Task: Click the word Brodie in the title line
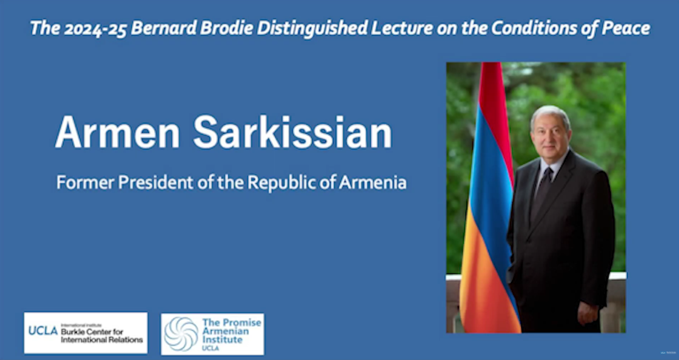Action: pyautogui.click(x=227, y=28)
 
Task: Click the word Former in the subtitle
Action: pyautogui.click(x=86, y=182)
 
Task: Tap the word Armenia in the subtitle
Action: pyautogui.click(x=372, y=182)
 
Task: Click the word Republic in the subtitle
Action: pyautogui.click(x=278, y=183)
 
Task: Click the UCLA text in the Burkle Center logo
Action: pyautogui.click(x=43, y=331)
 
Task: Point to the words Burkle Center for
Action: pyautogui.click(x=92, y=332)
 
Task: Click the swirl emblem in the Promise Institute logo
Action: pyautogui.click(x=181, y=334)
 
